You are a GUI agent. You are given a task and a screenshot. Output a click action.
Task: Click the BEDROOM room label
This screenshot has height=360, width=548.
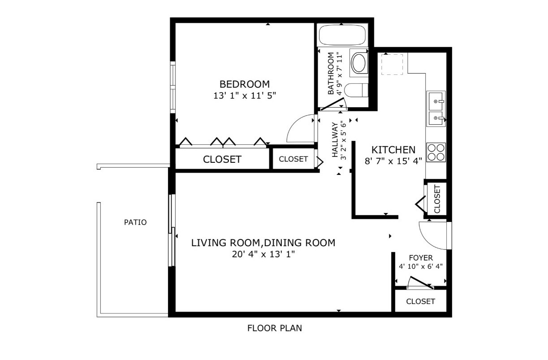pos(244,84)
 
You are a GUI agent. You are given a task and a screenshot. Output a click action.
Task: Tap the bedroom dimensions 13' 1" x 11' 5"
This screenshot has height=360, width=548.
pos(245,95)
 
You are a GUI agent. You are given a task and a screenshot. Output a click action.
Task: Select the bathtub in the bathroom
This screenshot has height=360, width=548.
pos(342,35)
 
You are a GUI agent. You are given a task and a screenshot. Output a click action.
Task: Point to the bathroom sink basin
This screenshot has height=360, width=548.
pos(359,63)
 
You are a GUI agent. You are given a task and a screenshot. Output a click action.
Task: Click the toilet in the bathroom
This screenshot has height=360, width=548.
pos(356,90)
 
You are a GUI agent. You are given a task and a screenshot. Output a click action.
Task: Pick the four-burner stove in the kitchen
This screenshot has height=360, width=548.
pos(436,152)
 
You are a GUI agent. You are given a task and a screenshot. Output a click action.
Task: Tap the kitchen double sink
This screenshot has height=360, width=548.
pos(436,108)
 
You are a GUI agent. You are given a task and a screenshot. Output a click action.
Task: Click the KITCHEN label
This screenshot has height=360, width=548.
pos(393,150)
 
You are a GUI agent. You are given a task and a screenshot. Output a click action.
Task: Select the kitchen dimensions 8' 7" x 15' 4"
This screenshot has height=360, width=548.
pos(393,161)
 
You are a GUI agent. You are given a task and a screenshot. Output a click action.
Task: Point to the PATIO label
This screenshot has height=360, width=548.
pos(135,222)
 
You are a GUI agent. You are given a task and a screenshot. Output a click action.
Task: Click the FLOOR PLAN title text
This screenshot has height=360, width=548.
pos(275,328)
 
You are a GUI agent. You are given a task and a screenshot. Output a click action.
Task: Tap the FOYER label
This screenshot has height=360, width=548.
pos(421,258)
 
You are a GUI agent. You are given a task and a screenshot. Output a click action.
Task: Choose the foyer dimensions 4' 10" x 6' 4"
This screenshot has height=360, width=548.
pos(421,266)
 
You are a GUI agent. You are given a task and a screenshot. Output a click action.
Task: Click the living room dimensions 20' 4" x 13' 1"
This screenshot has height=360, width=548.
pos(263,254)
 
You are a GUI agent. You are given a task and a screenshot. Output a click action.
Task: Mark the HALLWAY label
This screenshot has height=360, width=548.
pos(335,140)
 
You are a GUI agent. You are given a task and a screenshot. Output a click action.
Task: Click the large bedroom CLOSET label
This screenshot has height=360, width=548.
pos(222,159)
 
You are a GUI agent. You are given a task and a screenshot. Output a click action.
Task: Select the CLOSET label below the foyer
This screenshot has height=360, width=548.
pos(421,301)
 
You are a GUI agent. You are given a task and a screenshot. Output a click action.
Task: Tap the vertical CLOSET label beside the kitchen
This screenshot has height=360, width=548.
pos(437,199)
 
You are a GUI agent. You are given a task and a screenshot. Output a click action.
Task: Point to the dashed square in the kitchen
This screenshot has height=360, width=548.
pos(392,65)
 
